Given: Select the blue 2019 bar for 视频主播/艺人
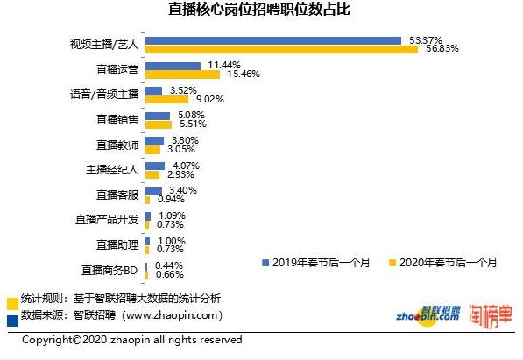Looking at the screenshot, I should pyautogui.click(x=274, y=40).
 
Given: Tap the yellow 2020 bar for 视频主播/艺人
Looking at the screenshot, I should pyautogui.click(x=281, y=49).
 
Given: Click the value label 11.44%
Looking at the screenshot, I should pyautogui.click(x=225, y=66).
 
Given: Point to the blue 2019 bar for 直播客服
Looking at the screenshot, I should pyautogui.click(x=152, y=191).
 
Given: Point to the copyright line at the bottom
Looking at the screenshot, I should pyautogui.click(x=131, y=340).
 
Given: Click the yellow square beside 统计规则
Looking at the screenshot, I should pyautogui.click(x=11, y=300).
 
